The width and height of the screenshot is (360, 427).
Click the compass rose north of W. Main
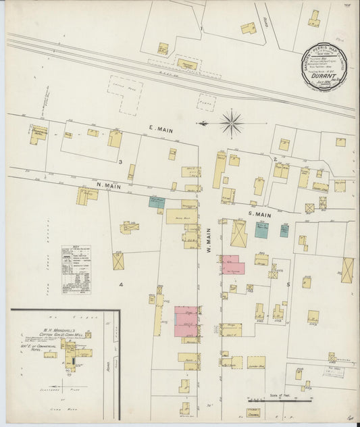point(231,123)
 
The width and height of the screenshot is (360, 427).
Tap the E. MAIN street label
point(161,126)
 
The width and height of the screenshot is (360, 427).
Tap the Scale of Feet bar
point(269,401)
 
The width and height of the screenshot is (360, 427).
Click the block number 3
point(120,163)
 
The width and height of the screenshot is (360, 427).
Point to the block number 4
point(122,284)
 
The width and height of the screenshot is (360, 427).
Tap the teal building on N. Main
point(157,201)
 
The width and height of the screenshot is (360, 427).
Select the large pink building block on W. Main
point(187,320)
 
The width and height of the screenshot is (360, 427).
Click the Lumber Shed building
point(255,362)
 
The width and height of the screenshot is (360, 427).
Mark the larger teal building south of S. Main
point(261,230)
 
